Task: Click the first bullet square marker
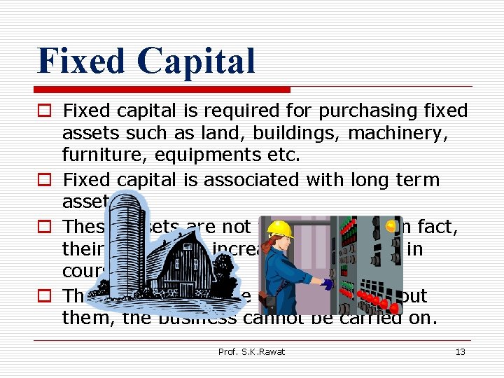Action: tap(46, 111)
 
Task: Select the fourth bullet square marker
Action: tap(46, 296)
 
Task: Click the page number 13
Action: tap(460, 351)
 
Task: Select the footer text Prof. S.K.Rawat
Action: tap(252, 351)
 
